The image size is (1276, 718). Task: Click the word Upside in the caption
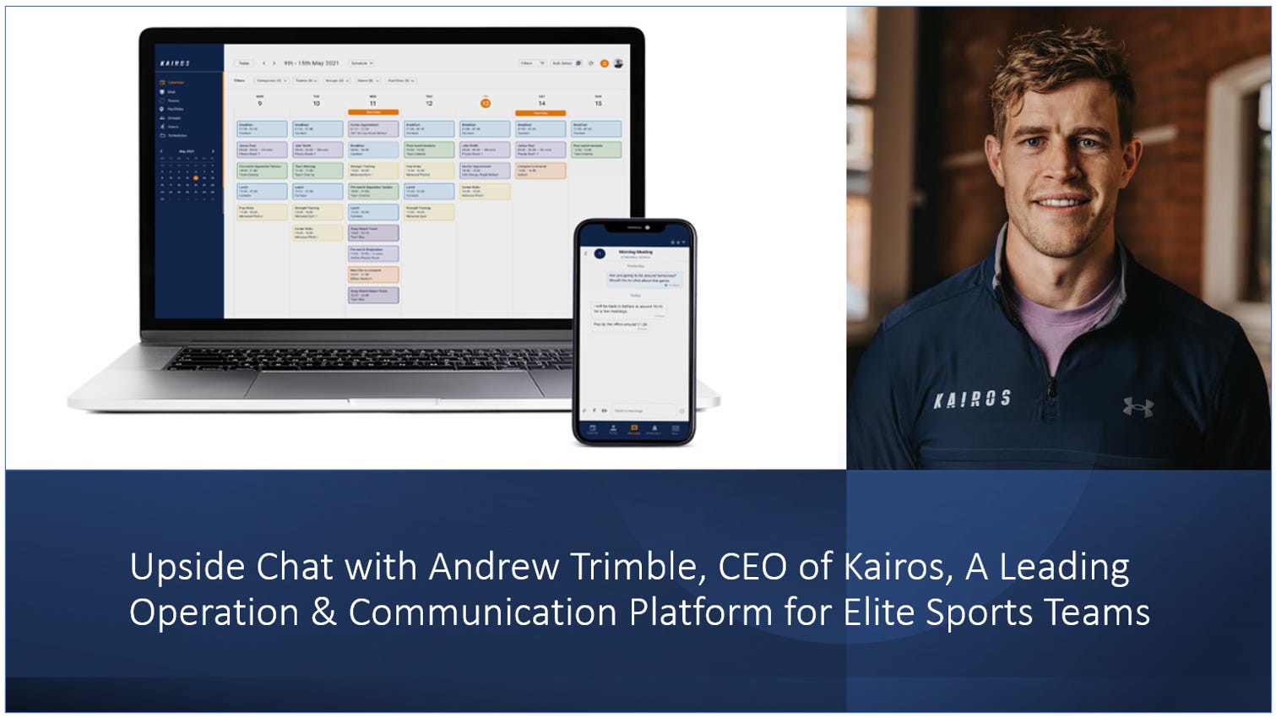[187, 567]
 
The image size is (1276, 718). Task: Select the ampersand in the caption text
[323, 612]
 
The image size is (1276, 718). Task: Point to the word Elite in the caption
[879, 612]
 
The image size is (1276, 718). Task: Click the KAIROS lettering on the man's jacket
[971, 398]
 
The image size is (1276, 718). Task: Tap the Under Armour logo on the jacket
[1138, 407]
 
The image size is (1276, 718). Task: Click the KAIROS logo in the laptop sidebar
[175, 63]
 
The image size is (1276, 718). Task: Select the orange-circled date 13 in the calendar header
[486, 103]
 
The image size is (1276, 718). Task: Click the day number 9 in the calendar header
[260, 103]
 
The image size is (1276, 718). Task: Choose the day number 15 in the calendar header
[598, 103]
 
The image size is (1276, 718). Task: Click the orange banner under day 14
[541, 112]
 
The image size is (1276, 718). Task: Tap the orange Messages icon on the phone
[634, 429]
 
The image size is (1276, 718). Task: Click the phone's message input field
[638, 411]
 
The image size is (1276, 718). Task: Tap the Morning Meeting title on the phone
[635, 252]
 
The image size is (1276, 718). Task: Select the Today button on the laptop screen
[244, 63]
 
